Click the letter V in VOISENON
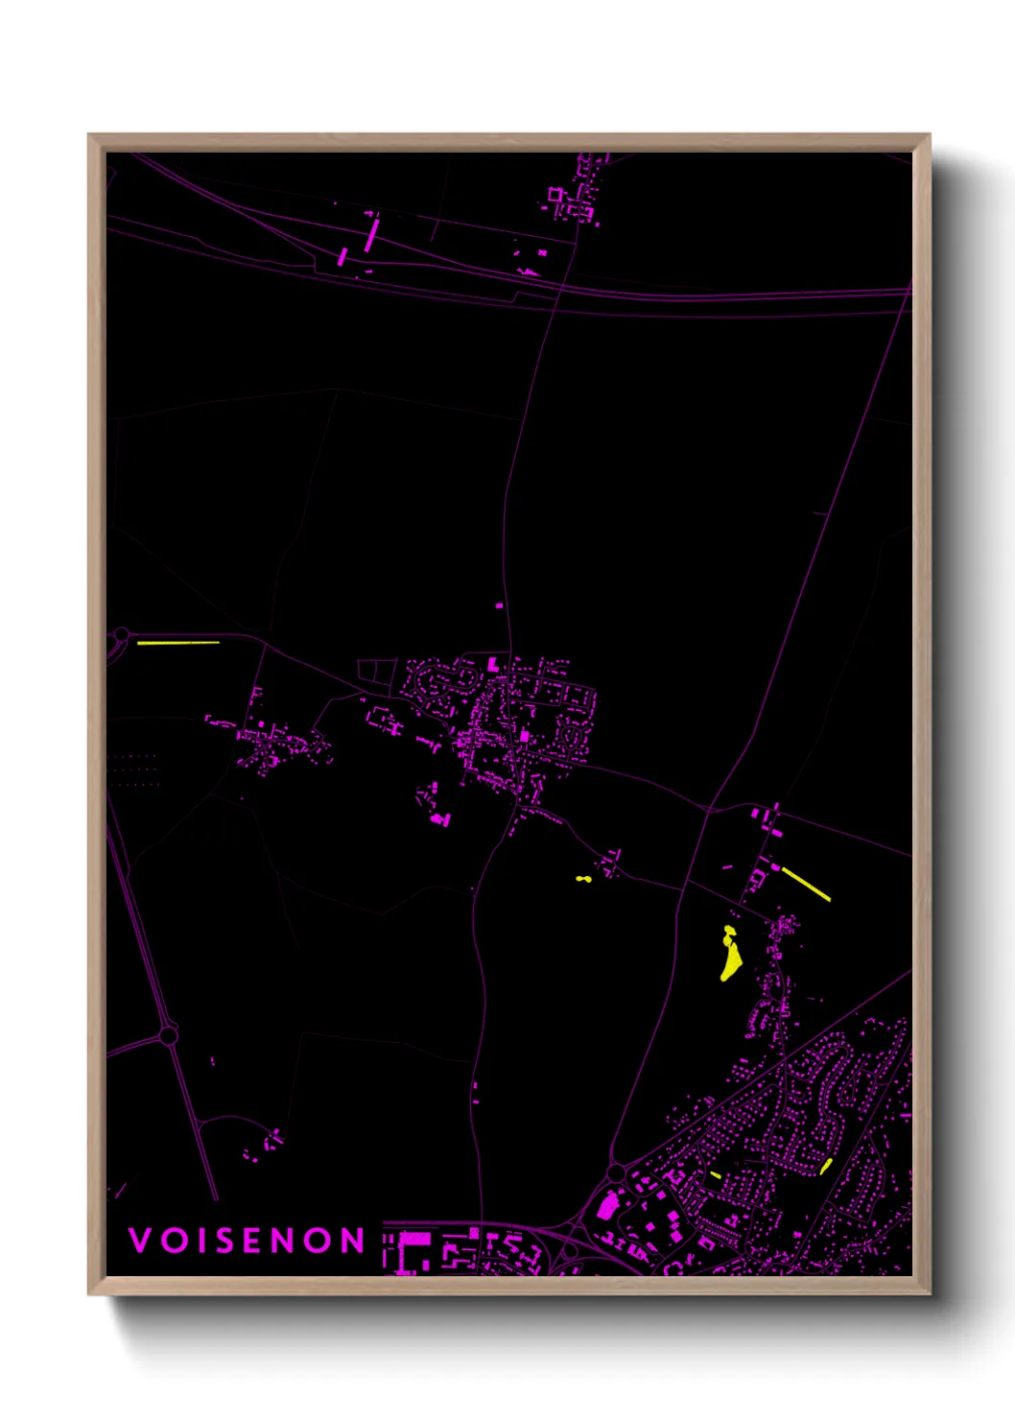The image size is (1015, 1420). pyautogui.click(x=140, y=1241)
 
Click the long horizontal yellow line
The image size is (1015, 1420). pyautogui.click(x=178, y=642)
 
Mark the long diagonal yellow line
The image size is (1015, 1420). pyautogui.click(x=806, y=884)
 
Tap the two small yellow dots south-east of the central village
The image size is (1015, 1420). pyautogui.click(x=583, y=879)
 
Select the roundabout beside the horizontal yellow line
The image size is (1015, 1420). pyautogui.click(x=122, y=635)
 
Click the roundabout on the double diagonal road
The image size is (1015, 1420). pyautogui.click(x=169, y=1035)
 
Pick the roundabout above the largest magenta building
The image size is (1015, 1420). pyautogui.click(x=616, y=1172)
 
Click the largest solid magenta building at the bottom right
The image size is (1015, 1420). pyautogui.click(x=608, y=1204)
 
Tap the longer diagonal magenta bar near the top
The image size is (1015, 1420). pyautogui.click(x=372, y=234)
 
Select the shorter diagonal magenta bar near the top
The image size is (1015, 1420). pyautogui.click(x=343, y=256)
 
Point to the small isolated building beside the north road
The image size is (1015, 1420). pyautogui.click(x=499, y=605)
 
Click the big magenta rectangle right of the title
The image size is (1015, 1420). pyautogui.click(x=414, y=1239)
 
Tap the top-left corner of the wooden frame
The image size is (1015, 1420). pyautogui.click(x=89, y=135)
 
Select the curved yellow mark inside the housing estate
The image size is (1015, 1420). pyautogui.click(x=826, y=1167)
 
